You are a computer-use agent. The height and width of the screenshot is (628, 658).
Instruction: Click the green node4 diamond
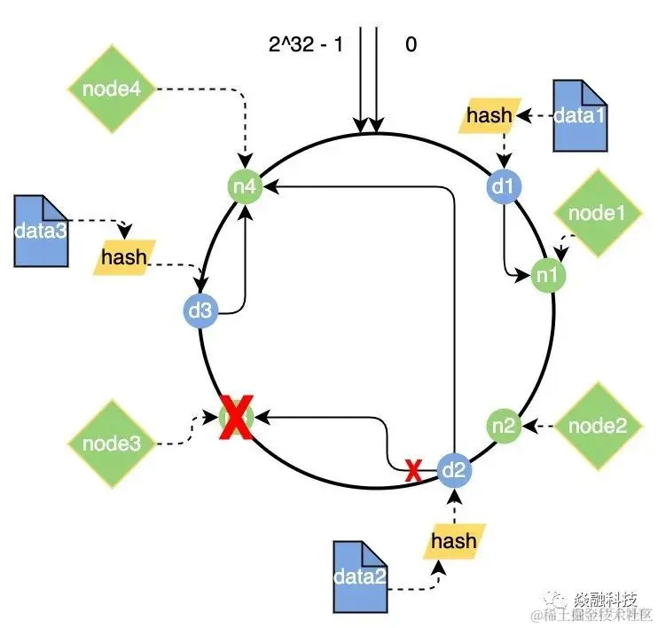point(111,90)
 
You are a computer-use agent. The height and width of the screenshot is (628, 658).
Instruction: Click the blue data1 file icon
point(582,114)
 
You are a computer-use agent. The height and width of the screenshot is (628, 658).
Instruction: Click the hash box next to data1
point(490,114)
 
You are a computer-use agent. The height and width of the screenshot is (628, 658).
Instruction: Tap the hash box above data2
point(453,540)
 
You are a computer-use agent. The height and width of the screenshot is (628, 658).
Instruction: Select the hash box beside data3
point(124,257)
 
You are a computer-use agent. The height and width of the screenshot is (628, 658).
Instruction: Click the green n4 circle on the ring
point(242,188)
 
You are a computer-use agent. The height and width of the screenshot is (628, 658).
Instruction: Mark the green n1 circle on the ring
point(546,275)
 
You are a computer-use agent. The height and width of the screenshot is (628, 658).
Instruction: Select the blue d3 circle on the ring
point(199,310)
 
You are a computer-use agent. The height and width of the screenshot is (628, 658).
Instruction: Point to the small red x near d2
point(412,471)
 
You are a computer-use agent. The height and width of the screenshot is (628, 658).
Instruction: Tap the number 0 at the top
point(411,43)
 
